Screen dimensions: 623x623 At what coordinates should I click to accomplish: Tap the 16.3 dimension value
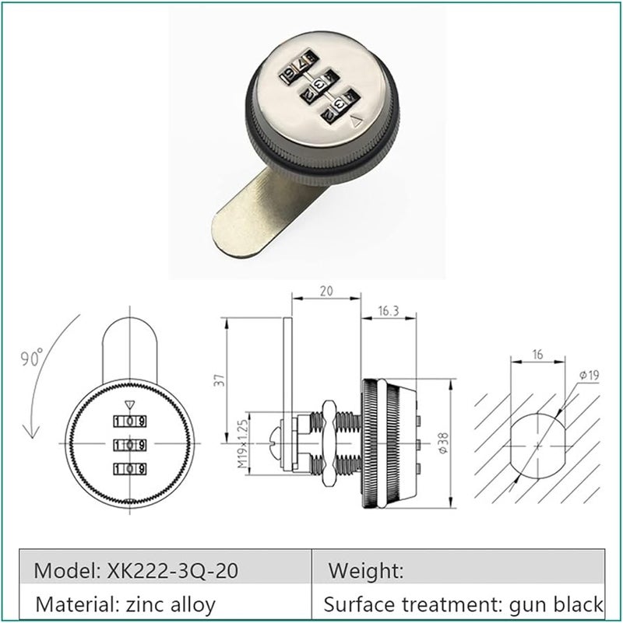tap(389, 310)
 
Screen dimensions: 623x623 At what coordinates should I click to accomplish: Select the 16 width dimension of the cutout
tap(537, 353)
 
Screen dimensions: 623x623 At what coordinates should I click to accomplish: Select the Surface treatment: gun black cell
tap(463, 604)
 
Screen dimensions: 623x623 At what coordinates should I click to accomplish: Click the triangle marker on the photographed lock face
tap(357, 121)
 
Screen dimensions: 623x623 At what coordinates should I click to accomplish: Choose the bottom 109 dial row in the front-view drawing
tap(130, 468)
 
